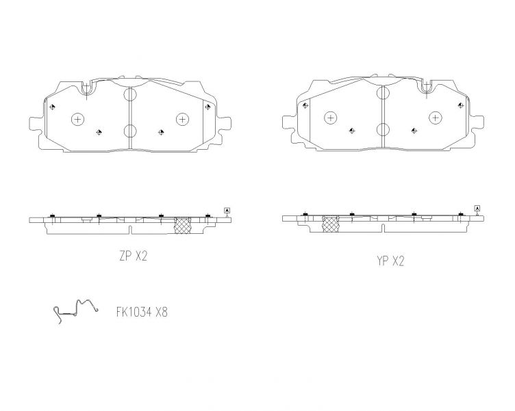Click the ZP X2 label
click(133, 256)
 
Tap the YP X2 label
click(390, 261)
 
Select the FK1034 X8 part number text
click(142, 312)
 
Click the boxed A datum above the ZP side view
click(227, 210)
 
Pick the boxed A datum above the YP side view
click(477, 208)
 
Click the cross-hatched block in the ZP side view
click(182, 226)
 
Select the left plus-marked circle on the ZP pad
click(77, 120)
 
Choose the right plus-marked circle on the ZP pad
click(182, 119)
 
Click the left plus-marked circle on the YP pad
click(330, 118)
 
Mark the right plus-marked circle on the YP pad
click(435, 118)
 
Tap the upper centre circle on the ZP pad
click(130, 96)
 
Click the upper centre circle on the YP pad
click(383, 95)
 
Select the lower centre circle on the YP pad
click(383, 129)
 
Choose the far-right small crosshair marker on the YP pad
click(460, 105)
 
